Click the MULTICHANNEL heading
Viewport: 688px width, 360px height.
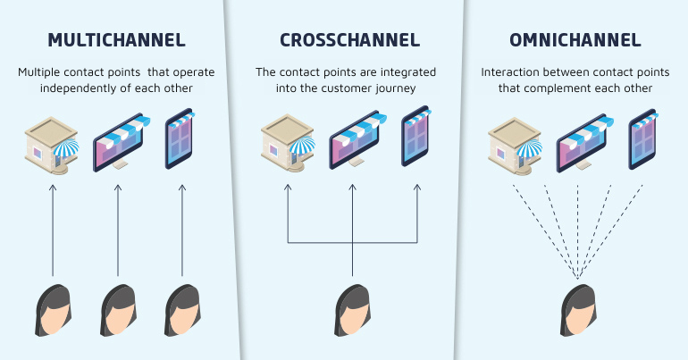pos(116,40)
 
